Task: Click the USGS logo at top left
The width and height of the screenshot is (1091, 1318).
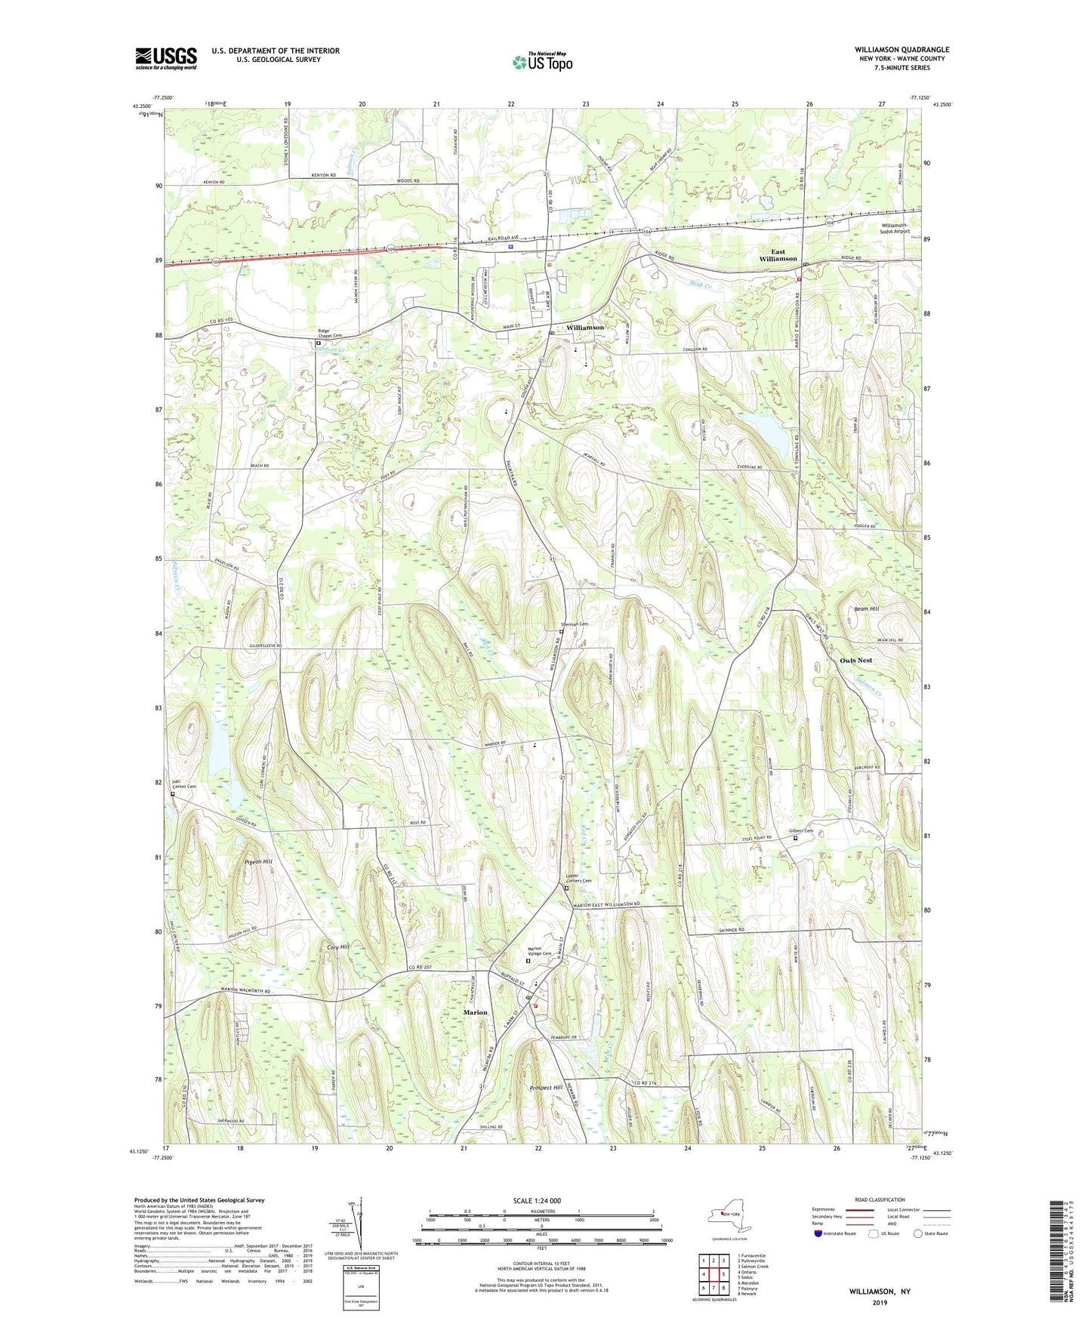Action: [166, 58]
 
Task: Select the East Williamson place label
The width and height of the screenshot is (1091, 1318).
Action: [778, 255]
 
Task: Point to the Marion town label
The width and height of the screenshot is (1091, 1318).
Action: [476, 1012]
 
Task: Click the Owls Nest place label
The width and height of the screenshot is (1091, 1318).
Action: [855, 661]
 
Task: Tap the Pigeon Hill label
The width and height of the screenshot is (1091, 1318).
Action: [258, 861]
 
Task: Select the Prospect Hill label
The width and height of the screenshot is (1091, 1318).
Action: [546, 1088]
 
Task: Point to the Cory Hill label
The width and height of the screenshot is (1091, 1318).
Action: [338, 947]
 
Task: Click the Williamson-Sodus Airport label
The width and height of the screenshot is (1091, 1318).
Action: [895, 229]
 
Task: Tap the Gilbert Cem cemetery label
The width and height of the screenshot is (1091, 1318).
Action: [801, 831]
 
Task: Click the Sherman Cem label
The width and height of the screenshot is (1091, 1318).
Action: [574, 624]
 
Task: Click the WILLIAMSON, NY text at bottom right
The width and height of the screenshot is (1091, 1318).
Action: [880, 1292]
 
